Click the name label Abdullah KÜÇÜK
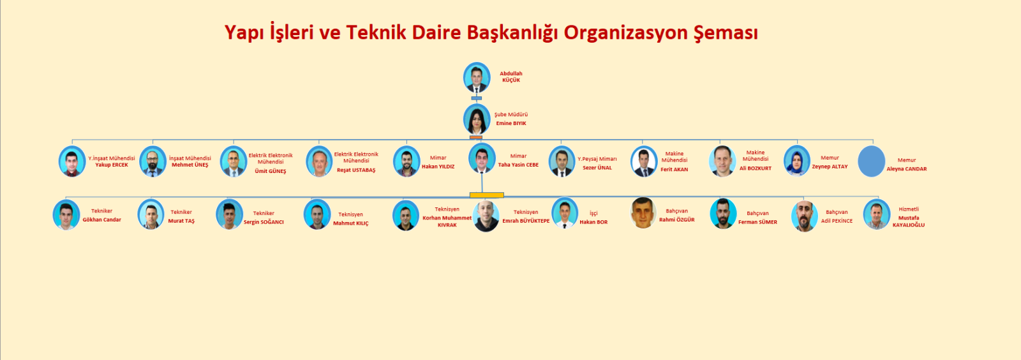(511, 77)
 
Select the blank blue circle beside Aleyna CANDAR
(872, 161)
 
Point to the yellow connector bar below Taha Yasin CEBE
(487, 195)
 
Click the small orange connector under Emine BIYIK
(476, 137)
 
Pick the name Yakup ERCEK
(112, 165)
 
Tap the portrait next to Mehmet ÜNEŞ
(153, 161)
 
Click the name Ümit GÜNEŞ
(271, 171)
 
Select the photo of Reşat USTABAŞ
(319, 161)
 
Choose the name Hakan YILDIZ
(438, 167)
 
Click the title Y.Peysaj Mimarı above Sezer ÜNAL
(597, 159)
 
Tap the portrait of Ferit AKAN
(644, 161)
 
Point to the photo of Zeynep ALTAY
(797, 161)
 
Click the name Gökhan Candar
(101, 220)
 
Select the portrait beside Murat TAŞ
(151, 214)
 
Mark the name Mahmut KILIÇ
(351, 223)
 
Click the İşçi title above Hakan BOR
(593, 213)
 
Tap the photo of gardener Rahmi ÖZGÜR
(643, 213)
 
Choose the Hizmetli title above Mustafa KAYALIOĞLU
(909, 209)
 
